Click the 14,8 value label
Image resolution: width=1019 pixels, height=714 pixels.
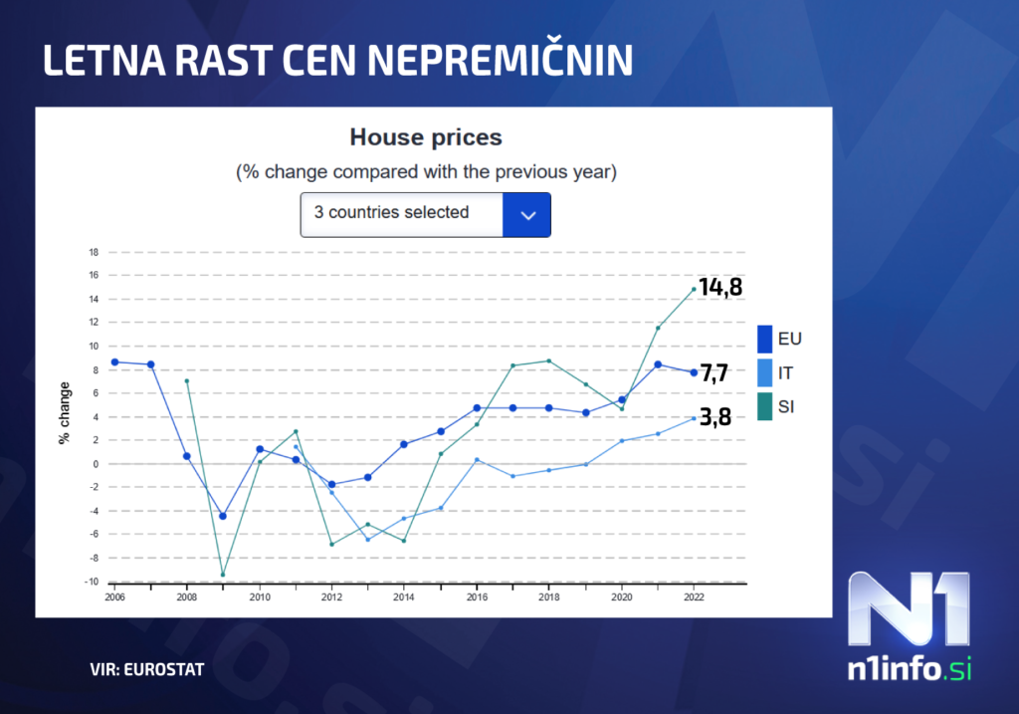pos(720,288)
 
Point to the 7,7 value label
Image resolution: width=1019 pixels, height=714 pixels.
pos(714,373)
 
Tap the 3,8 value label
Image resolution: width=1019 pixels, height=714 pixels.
pos(714,417)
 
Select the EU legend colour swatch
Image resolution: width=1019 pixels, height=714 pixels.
pos(764,340)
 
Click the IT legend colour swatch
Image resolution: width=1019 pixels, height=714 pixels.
pos(764,373)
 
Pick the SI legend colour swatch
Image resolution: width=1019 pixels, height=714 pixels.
pos(764,406)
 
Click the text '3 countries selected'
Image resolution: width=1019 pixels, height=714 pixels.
pos(391,212)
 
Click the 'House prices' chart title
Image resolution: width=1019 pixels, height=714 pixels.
pos(426,137)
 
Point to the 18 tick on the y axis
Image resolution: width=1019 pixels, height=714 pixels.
pos(95,252)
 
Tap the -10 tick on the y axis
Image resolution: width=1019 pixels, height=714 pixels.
pos(93,582)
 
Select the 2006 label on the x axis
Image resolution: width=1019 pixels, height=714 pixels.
pos(114,597)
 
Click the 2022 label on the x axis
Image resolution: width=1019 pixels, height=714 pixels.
pos(694,597)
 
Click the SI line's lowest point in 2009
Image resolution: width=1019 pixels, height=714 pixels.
pos(223,575)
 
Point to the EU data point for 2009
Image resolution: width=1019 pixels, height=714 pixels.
pos(223,516)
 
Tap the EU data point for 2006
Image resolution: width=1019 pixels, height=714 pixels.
pos(114,362)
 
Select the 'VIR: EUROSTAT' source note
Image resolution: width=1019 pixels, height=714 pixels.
pos(146,670)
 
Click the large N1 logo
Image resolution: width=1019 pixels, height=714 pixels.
pos(907,609)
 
